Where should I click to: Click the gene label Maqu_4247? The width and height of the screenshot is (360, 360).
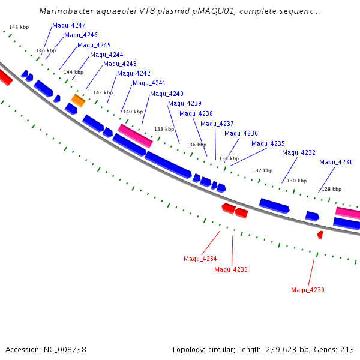(69, 26)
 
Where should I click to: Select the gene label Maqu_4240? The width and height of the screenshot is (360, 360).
(167, 94)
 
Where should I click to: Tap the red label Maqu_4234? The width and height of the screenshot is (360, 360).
(200, 259)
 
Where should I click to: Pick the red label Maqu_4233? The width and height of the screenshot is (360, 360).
(231, 270)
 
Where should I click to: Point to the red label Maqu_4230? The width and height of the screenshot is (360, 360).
(308, 290)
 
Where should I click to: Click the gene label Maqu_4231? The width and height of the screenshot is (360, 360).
(335, 163)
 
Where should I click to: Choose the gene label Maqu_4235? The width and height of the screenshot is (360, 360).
(268, 144)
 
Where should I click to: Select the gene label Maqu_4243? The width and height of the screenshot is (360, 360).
(120, 64)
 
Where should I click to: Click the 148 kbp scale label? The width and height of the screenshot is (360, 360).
(19, 28)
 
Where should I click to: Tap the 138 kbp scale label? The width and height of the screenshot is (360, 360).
(164, 130)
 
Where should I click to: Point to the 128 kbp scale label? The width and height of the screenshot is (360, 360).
(332, 190)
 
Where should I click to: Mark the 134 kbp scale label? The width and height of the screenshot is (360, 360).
(229, 159)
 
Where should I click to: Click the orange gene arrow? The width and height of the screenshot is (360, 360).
(78, 100)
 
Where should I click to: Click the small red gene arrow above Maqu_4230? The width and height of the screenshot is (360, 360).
(320, 235)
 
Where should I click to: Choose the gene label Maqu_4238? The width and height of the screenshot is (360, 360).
(196, 114)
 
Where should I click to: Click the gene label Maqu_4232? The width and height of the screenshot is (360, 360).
(299, 153)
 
